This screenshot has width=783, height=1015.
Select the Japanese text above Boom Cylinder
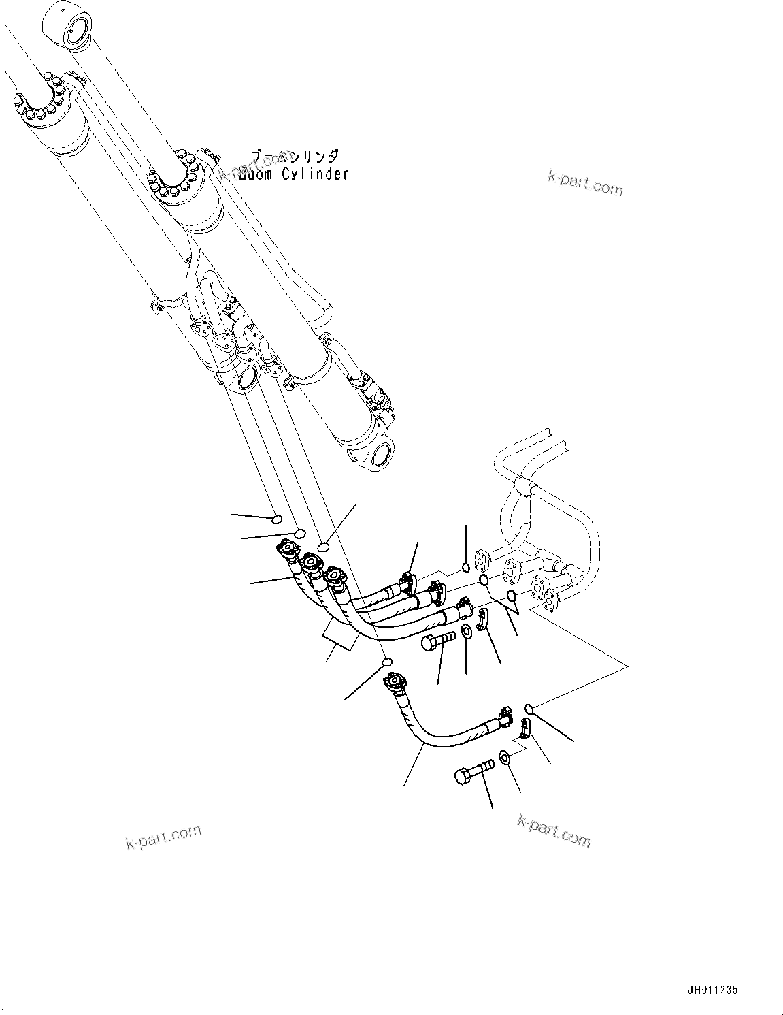click(293, 157)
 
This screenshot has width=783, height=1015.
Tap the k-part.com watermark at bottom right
click(554, 830)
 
